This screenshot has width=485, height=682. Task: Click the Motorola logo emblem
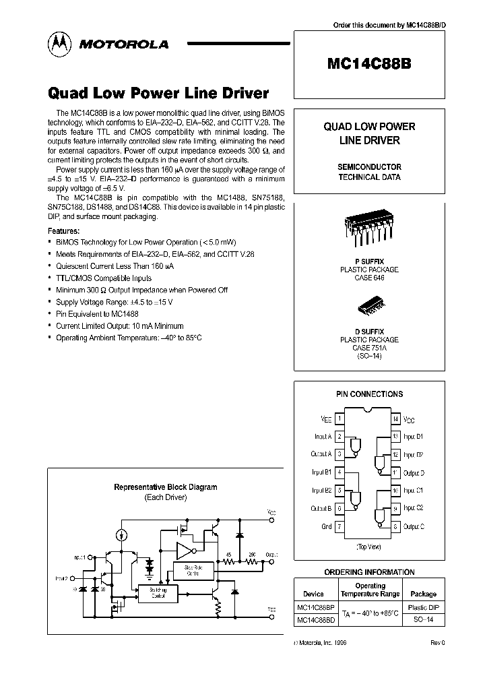coord(59,44)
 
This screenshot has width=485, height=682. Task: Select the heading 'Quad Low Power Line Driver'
coord(158,93)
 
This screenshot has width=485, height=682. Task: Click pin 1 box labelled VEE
coord(339,419)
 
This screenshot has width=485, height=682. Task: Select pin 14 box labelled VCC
coord(396,419)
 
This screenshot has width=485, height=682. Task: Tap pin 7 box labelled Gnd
coord(339,526)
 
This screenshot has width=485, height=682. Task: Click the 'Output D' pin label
coord(413,473)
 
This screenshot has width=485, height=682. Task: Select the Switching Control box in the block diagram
coord(159,592)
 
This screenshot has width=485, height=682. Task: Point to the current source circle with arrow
coord(121,535)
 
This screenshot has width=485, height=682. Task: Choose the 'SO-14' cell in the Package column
coord(423,619)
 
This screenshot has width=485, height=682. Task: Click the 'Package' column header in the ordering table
coord(423,594)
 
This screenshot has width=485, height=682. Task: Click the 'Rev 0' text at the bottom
coord(438,644)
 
